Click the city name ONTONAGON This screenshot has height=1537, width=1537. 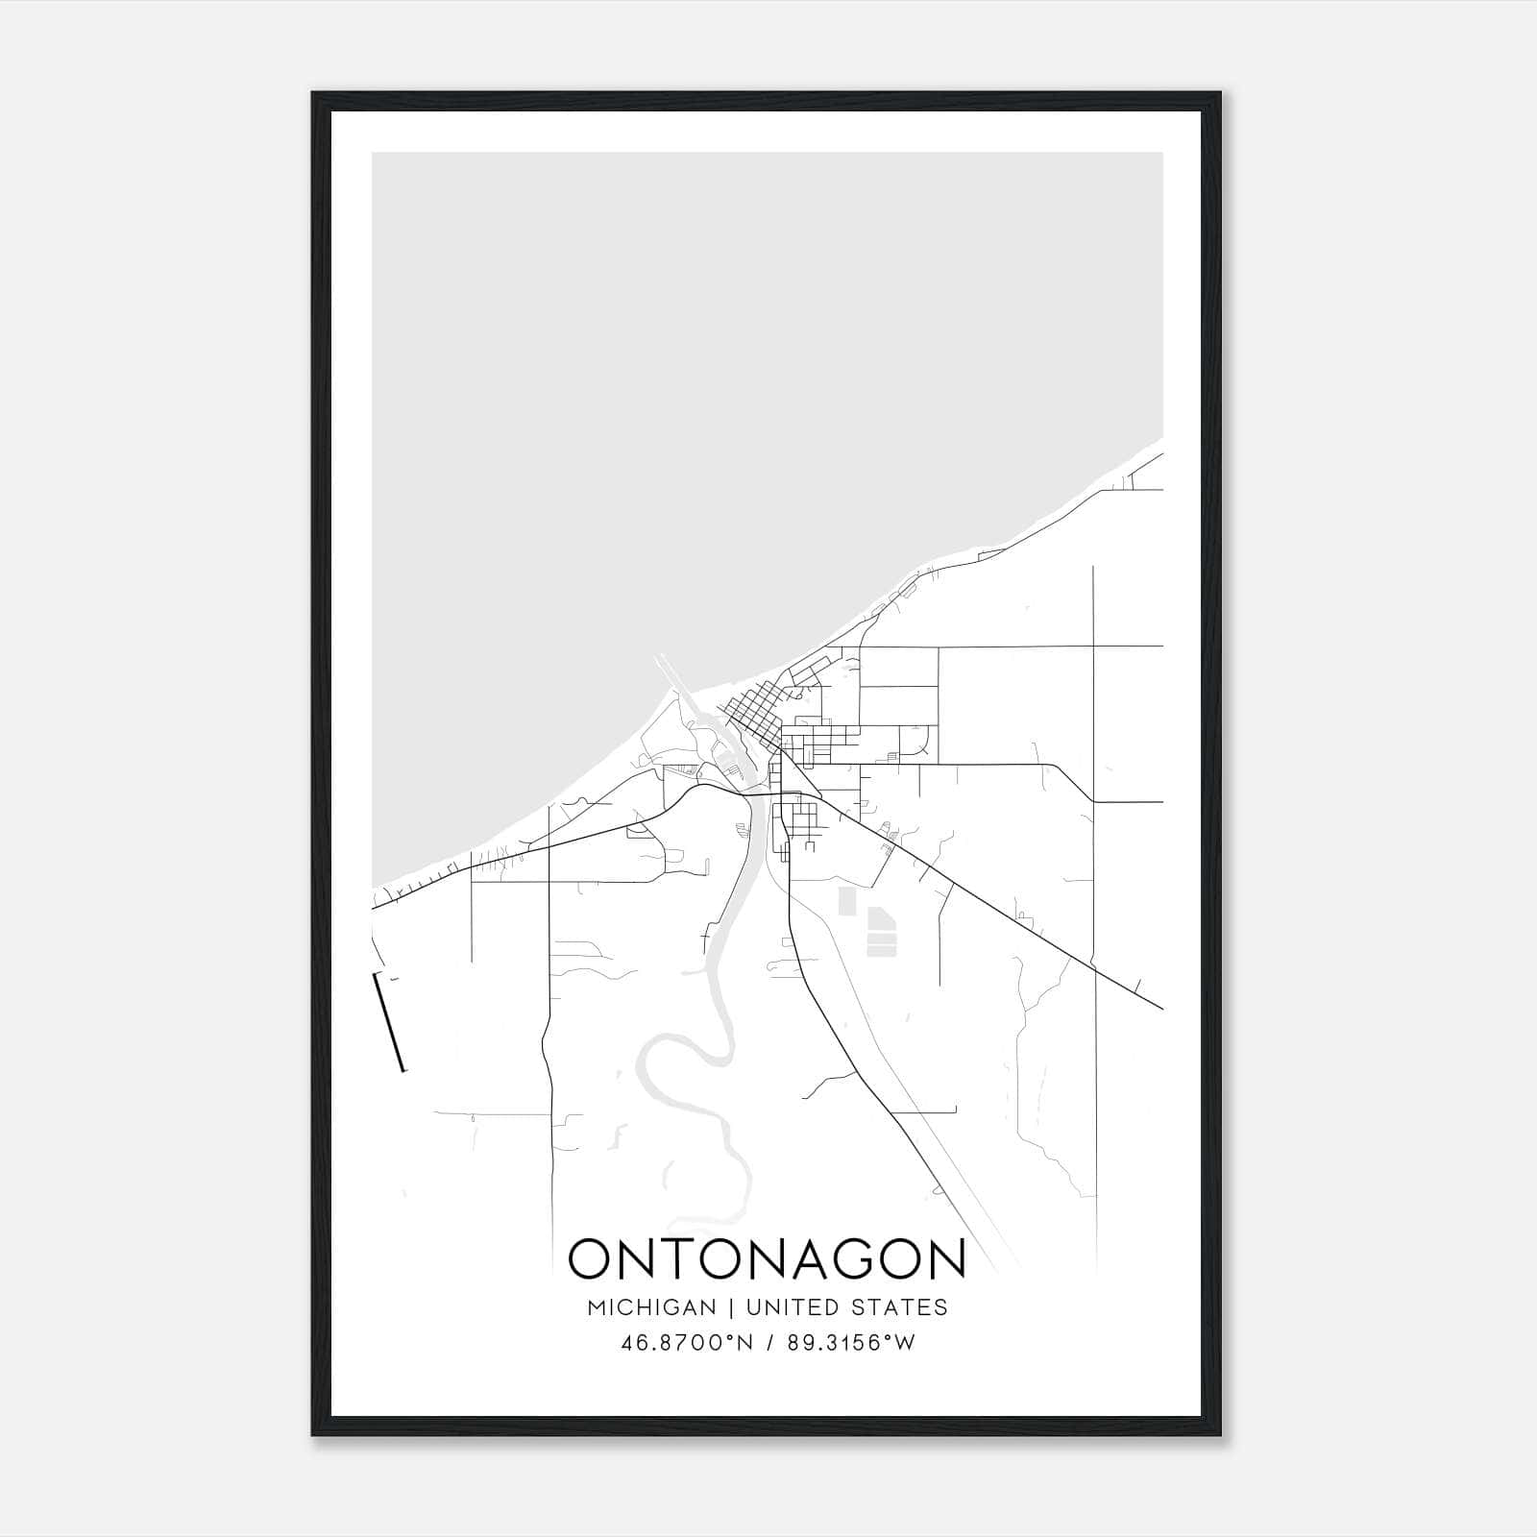coord(767,1258)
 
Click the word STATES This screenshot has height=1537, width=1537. coord(901,1307)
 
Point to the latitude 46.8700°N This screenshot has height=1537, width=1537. coord(687,1343)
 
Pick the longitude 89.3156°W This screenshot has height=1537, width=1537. coord(851,1343)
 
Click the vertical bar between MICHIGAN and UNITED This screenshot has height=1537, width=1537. coord(731,1307)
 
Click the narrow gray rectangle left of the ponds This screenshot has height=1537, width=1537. coord(847,901)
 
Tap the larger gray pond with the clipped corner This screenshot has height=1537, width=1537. coord(880,931)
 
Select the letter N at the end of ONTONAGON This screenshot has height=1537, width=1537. coord(944,1258)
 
